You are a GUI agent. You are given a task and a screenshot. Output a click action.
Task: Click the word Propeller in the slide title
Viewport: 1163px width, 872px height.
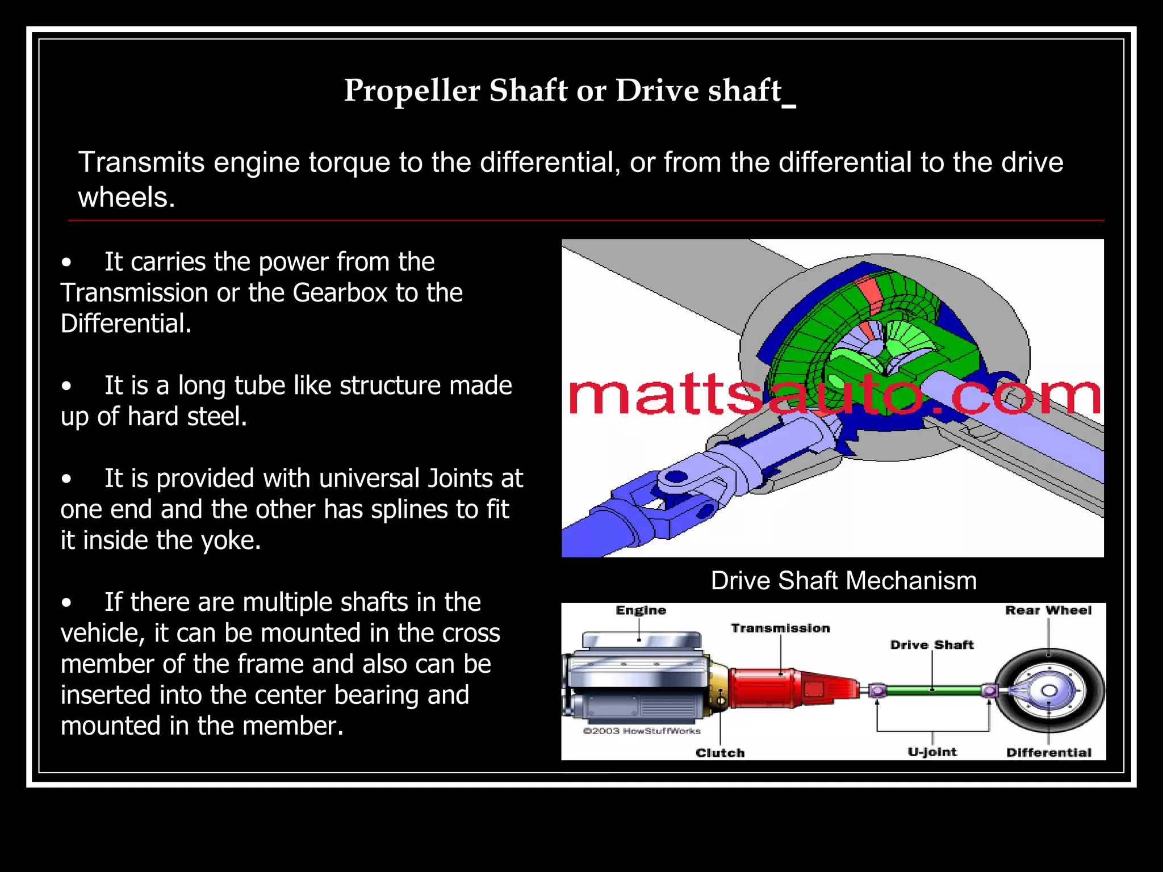[x=412, y=91]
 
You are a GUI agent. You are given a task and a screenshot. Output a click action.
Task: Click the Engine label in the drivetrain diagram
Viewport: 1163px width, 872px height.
[x=641, y=610]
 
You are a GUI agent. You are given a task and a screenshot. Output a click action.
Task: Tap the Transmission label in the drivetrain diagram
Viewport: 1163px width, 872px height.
[x=780, y=628]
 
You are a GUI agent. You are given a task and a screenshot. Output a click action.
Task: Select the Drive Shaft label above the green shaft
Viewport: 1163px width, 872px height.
[x=931, y=645]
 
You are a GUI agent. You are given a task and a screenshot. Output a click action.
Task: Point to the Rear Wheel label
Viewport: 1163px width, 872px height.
[x=1048, y=610]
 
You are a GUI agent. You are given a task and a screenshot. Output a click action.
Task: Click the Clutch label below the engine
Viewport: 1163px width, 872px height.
[x=720, y=753]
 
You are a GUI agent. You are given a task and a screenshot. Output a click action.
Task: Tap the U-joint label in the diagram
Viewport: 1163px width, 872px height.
[x=932, y=752]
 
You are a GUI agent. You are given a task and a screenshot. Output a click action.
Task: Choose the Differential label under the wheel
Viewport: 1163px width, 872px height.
[x=1049, y=753]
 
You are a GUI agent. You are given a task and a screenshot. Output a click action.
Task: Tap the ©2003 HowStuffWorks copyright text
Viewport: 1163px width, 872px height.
[x=642, y=731]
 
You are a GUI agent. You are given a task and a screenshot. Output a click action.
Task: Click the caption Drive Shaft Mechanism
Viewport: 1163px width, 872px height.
[x=843, y=581]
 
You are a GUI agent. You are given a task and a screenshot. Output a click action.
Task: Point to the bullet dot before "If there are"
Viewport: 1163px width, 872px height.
[x=67, y=603]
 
